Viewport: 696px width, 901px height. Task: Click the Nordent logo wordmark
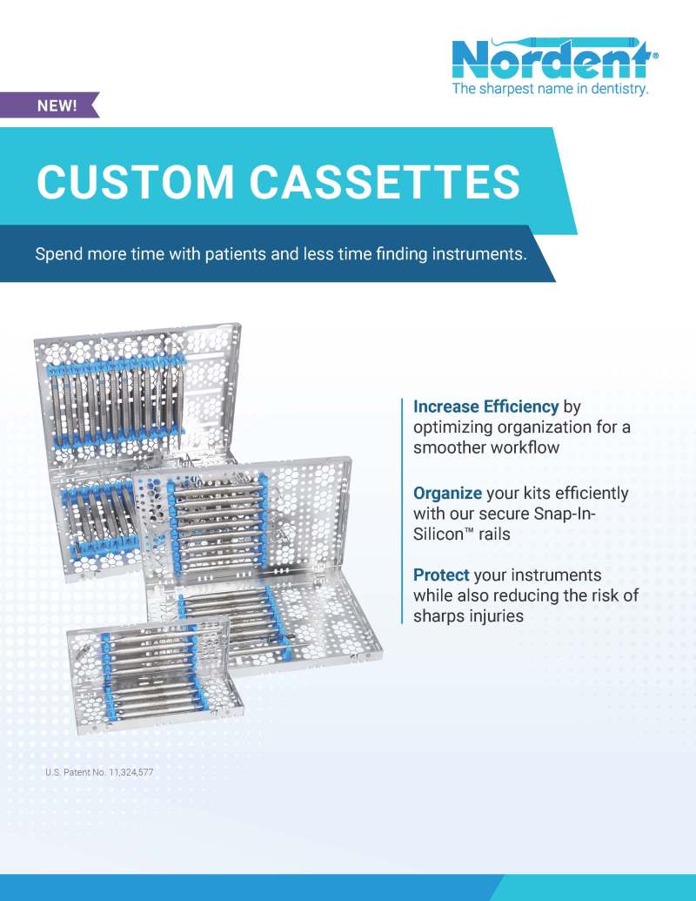tap(551, 59)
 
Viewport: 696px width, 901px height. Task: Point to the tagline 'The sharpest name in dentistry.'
tap(550, 89)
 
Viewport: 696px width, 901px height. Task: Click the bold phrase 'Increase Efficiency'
tap(485, 407)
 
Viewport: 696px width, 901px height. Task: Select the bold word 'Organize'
tap(447, 493)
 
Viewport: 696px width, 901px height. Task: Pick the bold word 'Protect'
tap(441, 575)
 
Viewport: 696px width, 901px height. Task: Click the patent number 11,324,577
tap(127, 772)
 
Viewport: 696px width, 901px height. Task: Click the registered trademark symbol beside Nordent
tap(654, 54)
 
